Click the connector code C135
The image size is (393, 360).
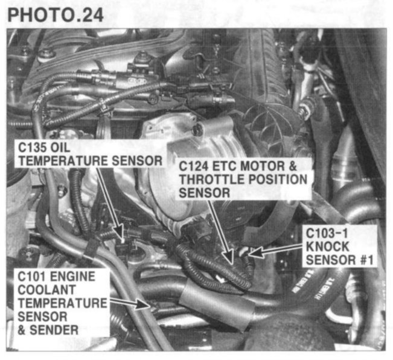coord(32,148)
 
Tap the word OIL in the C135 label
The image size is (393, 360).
coord(60,148)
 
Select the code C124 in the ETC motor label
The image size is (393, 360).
coord(193,166)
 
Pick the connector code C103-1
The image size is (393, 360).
coord(327,233)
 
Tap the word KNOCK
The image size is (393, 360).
coord(327,247)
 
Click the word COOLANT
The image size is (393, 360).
coord(46,290)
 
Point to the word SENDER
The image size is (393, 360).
coord(54,330)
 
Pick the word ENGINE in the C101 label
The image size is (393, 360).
coord(72,277)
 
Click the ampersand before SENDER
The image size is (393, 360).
coord(22,330)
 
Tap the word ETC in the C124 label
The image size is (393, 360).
coord(222,166)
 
